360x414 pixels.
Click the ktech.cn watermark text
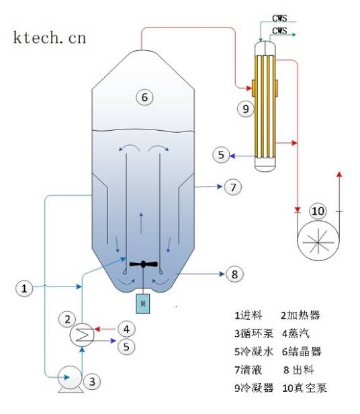pyautogui.click(x=49, y=37)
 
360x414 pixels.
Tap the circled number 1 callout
pyautogui.click(x=24, y=289)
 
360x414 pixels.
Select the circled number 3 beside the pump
pyautogui.click(x=94, y=381)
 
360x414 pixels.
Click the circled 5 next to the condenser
pyautogui.click(x=222, y=155)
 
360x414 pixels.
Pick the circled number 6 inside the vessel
pyautogui.click(x=143, y=97)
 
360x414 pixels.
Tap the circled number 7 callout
pyautogui.click(x=232, y=187)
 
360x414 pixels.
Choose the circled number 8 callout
pyautogui.click(x=233, y=274)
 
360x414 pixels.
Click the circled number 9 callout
pyautogui.click(x=246, y=107)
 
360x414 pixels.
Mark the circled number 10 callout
pyautogui.click(x=317, y=211)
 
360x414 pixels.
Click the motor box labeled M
pyautogui.click(x=143, y=303)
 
